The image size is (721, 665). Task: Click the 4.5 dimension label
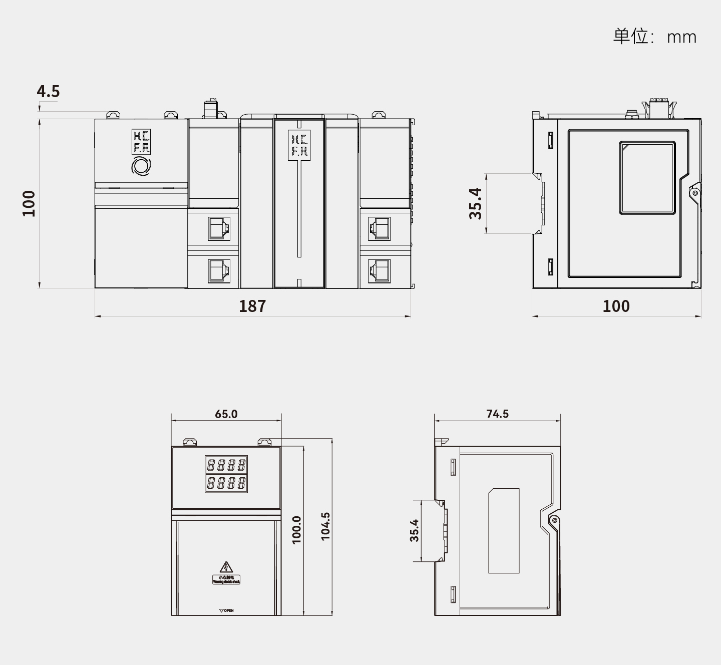(48, 91)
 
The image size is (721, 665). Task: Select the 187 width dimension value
(252, 306)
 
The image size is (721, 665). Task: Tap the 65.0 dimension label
(226, 414)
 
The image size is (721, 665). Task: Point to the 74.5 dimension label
(497, 414)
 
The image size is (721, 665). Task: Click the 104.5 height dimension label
(325, 526)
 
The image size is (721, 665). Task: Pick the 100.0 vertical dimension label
(296, 529)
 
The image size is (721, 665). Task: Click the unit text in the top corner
(654, 37)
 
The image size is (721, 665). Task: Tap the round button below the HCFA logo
(141, 166)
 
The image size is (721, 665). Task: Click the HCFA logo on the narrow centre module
(299, 144)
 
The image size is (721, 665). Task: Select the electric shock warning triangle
(226, 567)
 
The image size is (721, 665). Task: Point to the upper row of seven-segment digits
(226, 465)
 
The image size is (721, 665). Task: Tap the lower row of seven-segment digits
(226, 483)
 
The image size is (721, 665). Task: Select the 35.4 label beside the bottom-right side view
(414, 530)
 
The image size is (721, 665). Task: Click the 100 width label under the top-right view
(616, 306)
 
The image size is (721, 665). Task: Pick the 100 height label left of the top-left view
(29, 203)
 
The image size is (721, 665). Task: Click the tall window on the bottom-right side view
(504, 531)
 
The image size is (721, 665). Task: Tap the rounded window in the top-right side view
(647, 178)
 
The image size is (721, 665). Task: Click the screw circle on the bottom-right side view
(554, 520)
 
